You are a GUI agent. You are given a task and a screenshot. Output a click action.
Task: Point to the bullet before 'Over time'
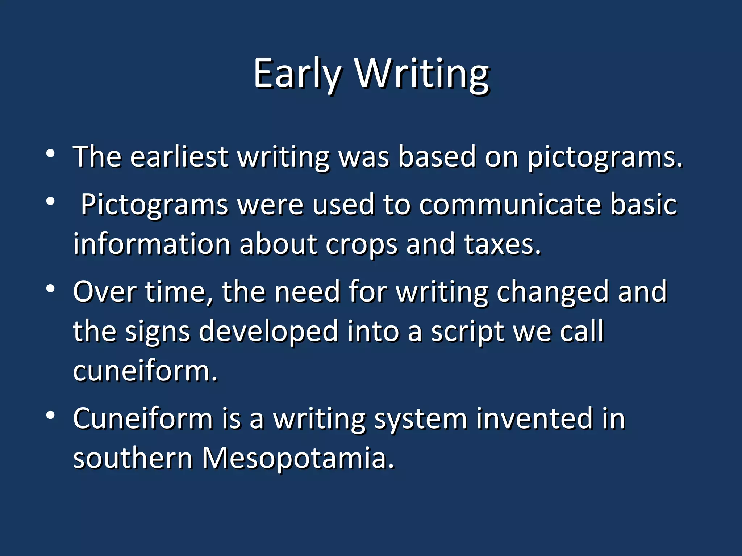50,288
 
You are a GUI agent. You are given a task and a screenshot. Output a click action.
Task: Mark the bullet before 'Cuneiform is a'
50,415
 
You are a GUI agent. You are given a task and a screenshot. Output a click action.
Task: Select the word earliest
179,157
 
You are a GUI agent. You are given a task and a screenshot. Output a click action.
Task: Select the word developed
268,332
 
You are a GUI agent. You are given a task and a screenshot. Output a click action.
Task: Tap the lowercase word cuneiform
145,371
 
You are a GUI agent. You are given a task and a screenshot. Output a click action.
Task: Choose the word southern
133,458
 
